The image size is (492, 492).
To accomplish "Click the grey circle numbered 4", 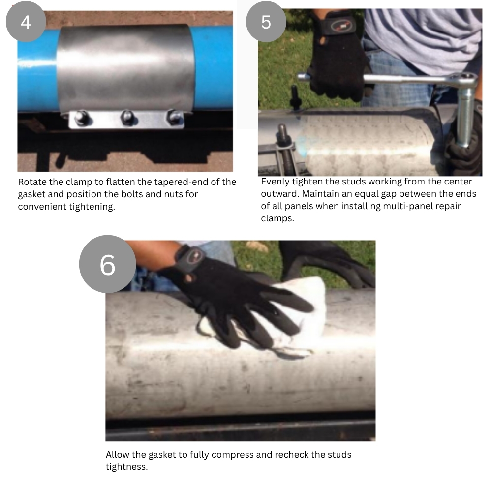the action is point(26,22).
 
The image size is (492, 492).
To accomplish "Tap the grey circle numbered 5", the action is point(266,22).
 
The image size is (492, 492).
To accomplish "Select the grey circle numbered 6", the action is point(107,264).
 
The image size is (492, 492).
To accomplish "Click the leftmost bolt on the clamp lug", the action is point(81,118).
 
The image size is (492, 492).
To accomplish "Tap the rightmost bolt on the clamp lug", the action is point(175,117).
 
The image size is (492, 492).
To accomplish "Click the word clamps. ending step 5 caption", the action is point(277,218).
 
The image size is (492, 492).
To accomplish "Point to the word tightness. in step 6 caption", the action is point(126,467).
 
